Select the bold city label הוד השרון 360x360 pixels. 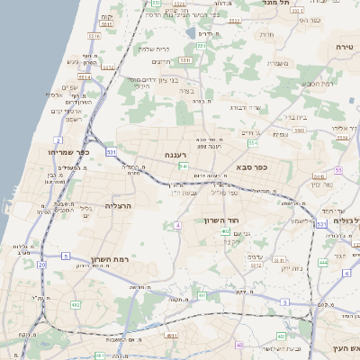pos(239,219)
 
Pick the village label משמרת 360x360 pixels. pos(277,62)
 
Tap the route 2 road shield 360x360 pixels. pos(58,140)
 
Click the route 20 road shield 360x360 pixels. pos(42,265)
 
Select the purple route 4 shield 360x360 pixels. pos(178,224)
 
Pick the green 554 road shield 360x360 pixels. pos(253,143)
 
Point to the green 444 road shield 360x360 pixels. pos(322,263)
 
